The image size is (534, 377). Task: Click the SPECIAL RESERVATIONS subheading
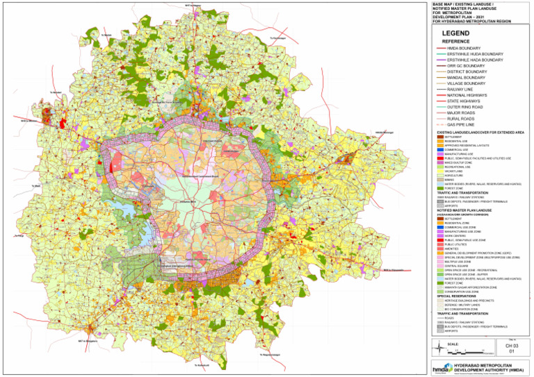tap(455, 294)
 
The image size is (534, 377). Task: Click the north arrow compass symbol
tap(437, 349)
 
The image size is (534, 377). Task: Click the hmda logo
tap(441, 368)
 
